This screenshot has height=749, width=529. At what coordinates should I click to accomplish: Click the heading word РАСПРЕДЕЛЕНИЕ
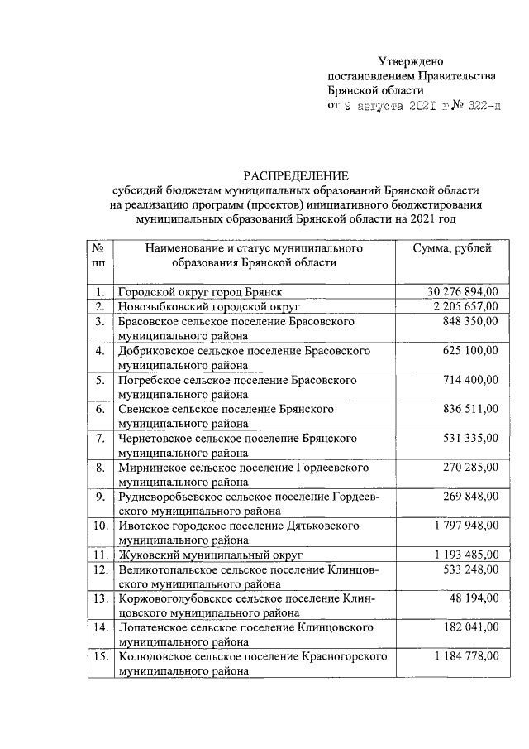pos(295,175)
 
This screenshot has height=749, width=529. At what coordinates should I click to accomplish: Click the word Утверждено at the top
pos(411,60)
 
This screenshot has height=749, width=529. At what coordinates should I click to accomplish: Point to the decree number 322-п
pos(480,107)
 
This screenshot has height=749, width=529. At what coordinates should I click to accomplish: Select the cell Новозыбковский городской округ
pos(207,307)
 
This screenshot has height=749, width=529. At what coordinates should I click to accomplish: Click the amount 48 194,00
pos(474,598)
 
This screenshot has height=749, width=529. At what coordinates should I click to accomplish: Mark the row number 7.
pos(99,438)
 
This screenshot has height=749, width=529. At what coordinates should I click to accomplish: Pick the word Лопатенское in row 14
pos(150,627)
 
